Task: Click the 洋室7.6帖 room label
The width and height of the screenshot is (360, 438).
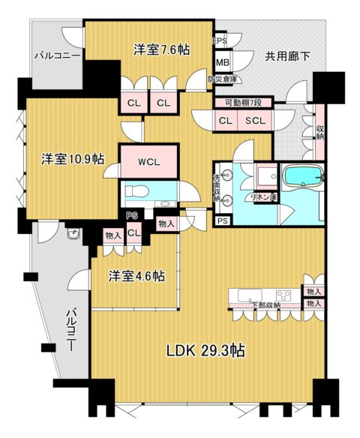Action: (161, 49)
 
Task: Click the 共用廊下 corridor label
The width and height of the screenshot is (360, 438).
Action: (286, 54)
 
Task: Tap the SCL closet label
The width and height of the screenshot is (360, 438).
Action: (255, 120)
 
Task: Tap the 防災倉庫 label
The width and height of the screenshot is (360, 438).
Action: (224, 78)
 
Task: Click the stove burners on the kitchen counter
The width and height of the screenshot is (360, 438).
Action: (283, 294)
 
